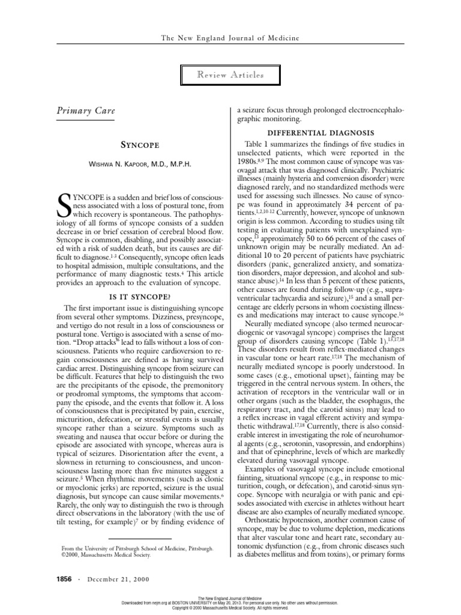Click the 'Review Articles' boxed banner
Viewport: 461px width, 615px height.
[230, 76]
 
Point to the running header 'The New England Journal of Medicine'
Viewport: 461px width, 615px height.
[230, 38]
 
